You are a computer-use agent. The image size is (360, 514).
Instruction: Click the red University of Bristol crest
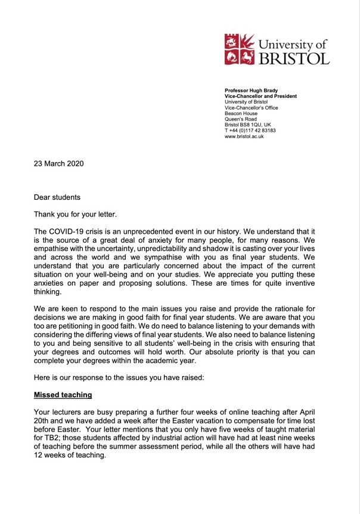[x=240, y=49]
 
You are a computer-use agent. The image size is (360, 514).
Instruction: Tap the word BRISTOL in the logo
[x=293, y=58]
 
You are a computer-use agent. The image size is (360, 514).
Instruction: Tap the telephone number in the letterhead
[x=250, y=130]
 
